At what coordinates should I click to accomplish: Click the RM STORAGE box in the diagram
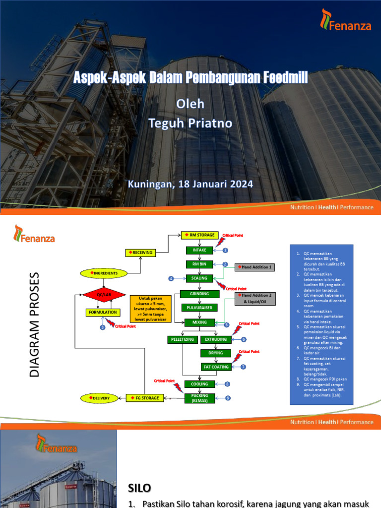point(199,235)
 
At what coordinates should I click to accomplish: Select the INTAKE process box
point(199,250)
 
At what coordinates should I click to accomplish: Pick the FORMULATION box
point(103,313)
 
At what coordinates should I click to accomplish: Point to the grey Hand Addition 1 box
point(254,267)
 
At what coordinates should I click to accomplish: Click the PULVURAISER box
point(199,308)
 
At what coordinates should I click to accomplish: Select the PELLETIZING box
point(182,339)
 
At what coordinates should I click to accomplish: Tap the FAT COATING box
point(216,367)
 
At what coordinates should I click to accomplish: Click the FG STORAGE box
point(145,398)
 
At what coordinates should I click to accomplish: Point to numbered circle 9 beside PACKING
point(227,397)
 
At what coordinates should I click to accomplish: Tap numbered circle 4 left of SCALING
point(171,278)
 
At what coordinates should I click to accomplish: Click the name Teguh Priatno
point(190,123)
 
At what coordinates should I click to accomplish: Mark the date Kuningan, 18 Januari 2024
point(190,184)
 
